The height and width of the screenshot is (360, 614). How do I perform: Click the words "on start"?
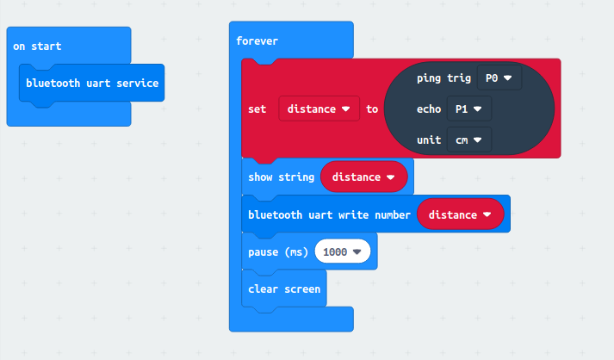point(37,46)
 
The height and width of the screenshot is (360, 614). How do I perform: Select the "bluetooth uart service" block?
point(92,84)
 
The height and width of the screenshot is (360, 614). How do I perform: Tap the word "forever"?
point(257,40)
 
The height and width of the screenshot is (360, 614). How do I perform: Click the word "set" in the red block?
point(257,109)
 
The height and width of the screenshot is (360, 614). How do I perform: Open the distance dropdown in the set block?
point(319,109)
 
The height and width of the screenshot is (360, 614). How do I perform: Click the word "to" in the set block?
point(372,109)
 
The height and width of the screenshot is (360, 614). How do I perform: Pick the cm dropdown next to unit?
point(468,140)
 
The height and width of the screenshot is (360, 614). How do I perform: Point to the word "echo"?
point(429,109)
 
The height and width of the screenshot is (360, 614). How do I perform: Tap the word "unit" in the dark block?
point(429,140)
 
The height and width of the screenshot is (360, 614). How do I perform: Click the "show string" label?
point(281,177)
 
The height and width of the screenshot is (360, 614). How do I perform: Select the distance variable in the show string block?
point(363,177)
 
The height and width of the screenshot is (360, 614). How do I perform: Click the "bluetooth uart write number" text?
point(329,214)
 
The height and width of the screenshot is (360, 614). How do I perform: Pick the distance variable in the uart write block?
point(459,214)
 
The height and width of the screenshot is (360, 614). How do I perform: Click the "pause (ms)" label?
point(278,251)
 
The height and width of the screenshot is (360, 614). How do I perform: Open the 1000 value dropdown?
point(343,251)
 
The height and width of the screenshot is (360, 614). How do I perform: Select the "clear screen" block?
point(284,289)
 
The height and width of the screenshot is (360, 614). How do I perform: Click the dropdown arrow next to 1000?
point(358,251)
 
